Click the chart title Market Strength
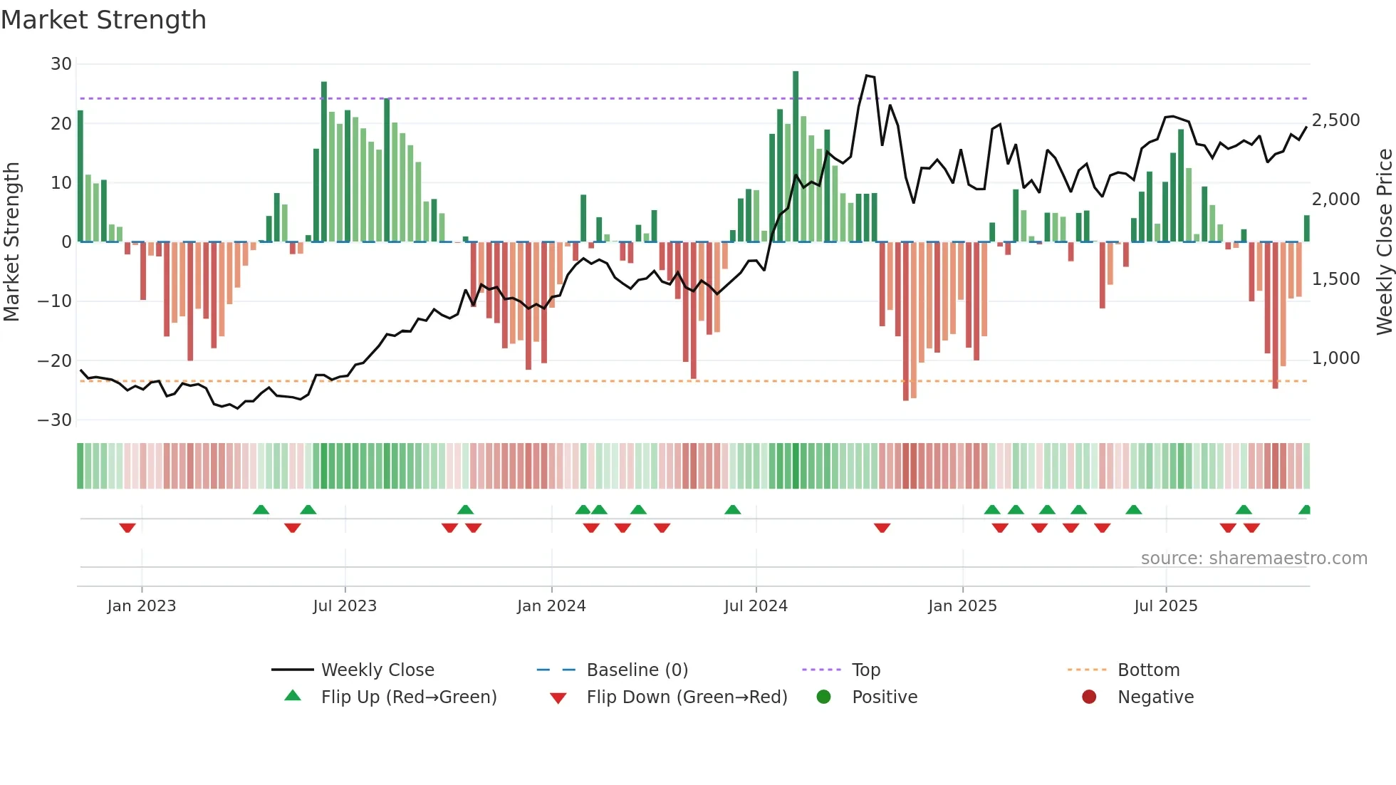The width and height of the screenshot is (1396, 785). click(103, 20)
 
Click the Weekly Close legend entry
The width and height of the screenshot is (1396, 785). click(377, 670)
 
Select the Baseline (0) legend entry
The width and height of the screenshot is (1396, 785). click(637, 670)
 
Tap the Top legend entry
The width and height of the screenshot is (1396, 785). click(865, 670)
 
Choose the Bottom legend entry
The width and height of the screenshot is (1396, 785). click(1148, 670)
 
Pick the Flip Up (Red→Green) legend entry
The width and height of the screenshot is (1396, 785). click(408, 697)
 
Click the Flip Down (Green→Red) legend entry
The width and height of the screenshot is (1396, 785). click(686, 697)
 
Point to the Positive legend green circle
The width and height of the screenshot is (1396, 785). click(823, 697)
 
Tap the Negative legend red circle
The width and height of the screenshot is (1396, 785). click(1089, 697)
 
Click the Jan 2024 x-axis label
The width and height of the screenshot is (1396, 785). click(551, 605)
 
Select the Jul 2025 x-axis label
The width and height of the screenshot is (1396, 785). click(1165, 605)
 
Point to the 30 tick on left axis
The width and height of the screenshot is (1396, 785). click(61, 64)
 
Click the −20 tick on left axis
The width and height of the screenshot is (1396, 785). click(55, 360)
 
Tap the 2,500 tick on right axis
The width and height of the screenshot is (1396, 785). click(1335, 120)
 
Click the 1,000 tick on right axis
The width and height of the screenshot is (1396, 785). click(1335, 358)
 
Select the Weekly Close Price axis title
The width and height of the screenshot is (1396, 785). click(1384, 242)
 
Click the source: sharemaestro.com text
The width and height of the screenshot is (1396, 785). click(1254, 558)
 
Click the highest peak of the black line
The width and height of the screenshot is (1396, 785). click(867, 75)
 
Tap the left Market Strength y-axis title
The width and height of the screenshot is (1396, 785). click(11, 242)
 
